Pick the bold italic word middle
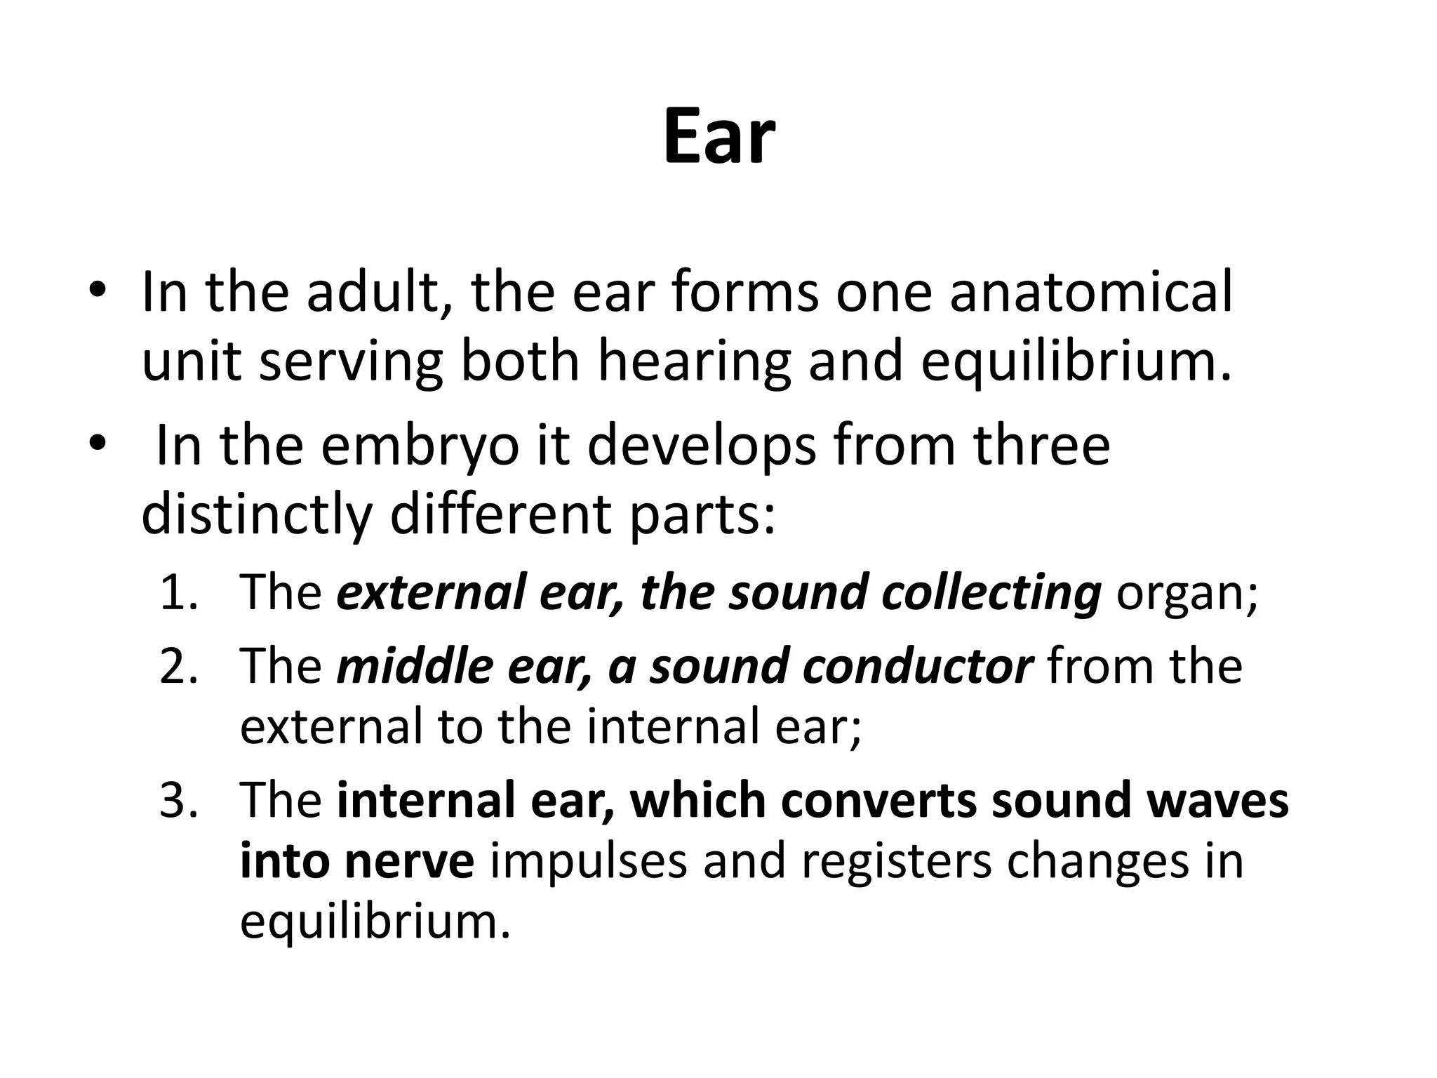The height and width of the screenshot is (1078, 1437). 415,666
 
